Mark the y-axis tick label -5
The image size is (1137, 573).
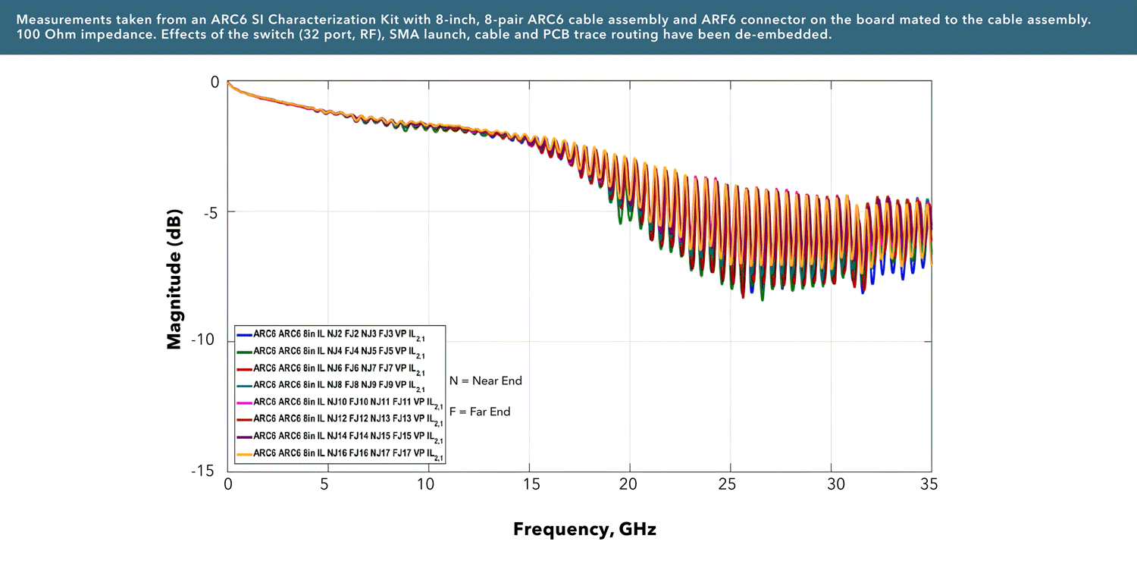tap(208, 211)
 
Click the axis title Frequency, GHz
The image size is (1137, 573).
tap(584, 529)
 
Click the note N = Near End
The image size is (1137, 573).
tap(486, 380)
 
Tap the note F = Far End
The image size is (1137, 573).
tap(480, 412)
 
